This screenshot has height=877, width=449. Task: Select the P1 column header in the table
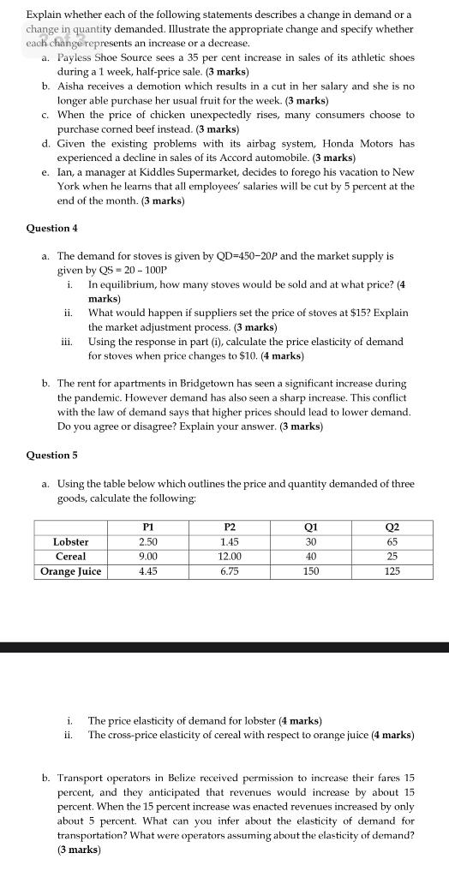(x=147, y=528)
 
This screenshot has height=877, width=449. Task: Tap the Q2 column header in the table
(x=392, y=528)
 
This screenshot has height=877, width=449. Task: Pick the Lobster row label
(x=71, y=542)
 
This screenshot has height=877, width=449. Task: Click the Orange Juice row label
(x=71, y=571)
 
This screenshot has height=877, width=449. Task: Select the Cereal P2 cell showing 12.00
(x=229, y=557)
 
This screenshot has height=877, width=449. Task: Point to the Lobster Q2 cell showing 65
(x=392, y=542)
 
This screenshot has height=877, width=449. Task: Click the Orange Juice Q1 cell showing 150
(x=310, y=571)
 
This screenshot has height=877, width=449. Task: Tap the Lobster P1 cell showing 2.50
(x=147, y=542)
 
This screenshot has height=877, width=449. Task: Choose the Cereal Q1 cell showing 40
(x=310, y=557)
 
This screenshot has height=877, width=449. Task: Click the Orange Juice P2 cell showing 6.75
(x=229, y=571)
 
